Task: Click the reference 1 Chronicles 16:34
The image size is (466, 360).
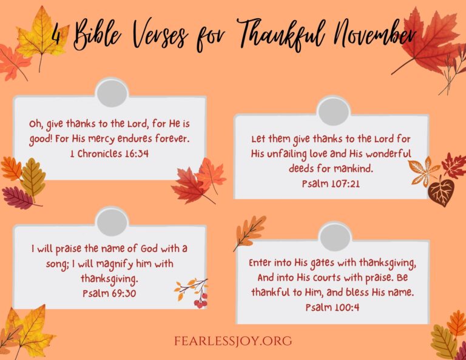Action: tap(110, 154)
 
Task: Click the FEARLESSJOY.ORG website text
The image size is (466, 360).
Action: tap(232, 341)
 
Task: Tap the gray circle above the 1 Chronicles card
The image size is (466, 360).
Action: tap(112, 92)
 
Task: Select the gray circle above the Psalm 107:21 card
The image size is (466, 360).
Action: tap(333, 111)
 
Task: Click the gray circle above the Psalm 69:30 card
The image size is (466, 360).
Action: tap(112, 222)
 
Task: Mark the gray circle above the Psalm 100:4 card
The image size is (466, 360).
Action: tap(335, 236)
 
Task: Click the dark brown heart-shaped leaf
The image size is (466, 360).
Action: tap(441, 191)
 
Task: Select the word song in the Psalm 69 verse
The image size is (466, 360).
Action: tap(45, 264)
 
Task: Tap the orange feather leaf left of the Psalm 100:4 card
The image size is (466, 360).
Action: tap(251, 231)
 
